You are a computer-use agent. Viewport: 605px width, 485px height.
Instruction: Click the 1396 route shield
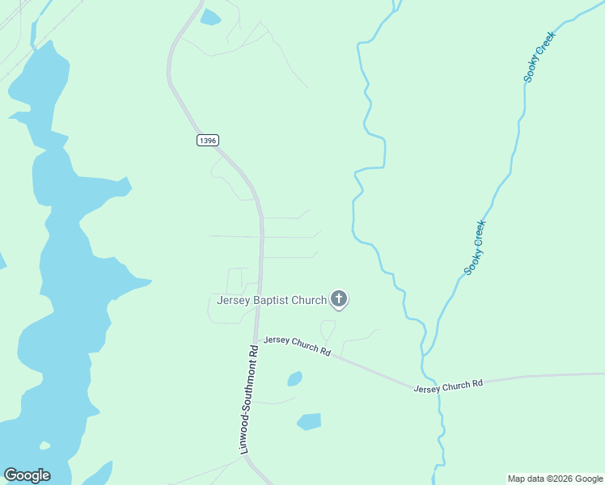207,141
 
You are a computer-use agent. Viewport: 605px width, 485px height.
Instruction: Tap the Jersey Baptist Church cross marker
339,300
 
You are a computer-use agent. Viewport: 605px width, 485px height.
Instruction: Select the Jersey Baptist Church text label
272,301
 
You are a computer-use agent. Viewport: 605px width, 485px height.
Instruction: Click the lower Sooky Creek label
475,247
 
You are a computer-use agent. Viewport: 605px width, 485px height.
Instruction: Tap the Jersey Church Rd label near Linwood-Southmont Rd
298,347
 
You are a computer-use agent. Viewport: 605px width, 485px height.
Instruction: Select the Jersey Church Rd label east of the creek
448,386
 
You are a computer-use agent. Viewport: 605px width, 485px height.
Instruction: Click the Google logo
27,475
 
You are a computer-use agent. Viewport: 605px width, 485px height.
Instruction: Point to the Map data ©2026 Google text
555,479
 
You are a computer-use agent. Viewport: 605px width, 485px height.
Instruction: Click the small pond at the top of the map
210,17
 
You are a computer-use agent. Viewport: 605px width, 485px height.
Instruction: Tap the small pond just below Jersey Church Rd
294,378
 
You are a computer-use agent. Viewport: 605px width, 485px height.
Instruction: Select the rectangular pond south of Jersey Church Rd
309,421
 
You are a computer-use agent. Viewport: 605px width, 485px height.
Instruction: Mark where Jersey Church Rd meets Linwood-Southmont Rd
256,339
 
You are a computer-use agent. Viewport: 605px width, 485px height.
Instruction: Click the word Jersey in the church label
233,301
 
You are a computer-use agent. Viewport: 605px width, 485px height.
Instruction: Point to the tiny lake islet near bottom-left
44,445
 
